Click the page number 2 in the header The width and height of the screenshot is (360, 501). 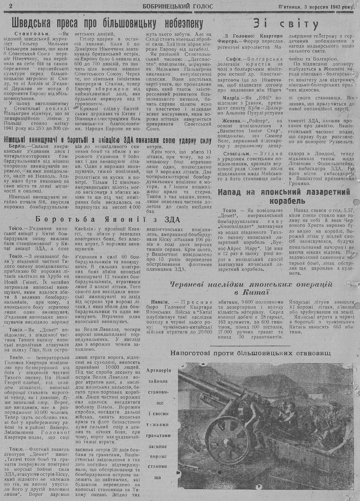[x=11, y=6]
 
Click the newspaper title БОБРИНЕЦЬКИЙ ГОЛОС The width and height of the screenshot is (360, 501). [x=177, y=6]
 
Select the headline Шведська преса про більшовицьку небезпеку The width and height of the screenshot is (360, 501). [x=107, y=24]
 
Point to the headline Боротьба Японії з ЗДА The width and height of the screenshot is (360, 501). [x=107, y=219]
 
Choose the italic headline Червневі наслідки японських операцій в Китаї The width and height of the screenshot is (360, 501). [x=251, y=288]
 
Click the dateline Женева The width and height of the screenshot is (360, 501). [x=229, y=121]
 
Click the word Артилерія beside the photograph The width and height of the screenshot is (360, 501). [x=158, y=371]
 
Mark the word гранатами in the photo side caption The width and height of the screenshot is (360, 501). [x=158, y=435]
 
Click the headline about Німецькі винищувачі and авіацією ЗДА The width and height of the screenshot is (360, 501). [x=107, y=140]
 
